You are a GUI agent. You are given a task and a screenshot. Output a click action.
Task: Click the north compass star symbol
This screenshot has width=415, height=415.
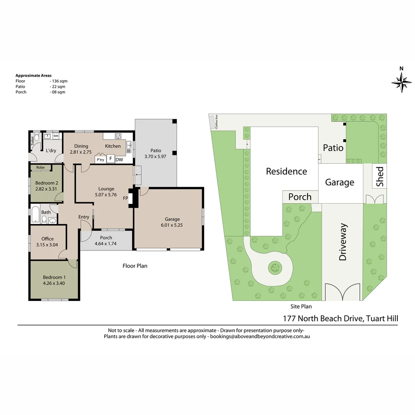pyautogui.click(x=402, y=83)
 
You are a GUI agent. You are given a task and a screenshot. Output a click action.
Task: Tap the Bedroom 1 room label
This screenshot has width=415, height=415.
pyautogui.click(x=54, y=277)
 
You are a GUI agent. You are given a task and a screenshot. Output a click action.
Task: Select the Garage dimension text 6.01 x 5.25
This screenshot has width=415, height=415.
pyautogui.click(x=172, y=225)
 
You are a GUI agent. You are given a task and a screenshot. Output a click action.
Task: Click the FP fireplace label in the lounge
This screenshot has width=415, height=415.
pyautogui.click(x=125, y=198)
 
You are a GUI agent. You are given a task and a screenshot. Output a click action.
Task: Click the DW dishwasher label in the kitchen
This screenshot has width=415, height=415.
pyautogui.click(x=119, y=159)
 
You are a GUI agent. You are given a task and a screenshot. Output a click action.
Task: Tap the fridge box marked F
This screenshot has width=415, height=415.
pyautogui.click(x=111, y=159)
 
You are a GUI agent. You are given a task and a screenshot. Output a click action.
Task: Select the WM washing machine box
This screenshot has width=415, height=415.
pyautogui.click(x=56, y=136)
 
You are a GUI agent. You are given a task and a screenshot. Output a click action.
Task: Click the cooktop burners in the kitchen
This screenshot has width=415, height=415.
pyautogui.click(x=118, y=136)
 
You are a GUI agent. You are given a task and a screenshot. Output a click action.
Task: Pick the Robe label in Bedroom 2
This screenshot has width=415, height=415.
pyautogui.click(x=40, y=167)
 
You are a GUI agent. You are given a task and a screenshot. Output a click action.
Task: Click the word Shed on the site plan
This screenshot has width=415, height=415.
pyautogui.click(x=380, y=176)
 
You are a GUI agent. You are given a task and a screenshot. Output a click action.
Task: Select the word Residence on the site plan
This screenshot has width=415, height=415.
pyautogui.click(x=286, y=171)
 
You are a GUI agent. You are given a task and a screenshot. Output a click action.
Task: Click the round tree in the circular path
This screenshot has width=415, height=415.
pyautogui.click(x=275, y=268)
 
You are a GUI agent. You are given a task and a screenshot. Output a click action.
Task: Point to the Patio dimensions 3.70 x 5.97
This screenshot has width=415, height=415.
pyautogui.click(x=155, y=156)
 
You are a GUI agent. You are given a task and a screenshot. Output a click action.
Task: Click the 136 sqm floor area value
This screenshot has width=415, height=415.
pyautogui.click(x=60, y=81)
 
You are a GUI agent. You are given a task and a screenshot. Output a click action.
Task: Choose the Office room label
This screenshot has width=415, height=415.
pyautogui.click(x=48, y=239)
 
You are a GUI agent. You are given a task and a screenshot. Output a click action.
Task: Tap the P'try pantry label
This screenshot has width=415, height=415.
pyautogui.click(x=101, y=159)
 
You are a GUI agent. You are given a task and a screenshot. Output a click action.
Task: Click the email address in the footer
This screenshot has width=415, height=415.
pyautogui.click(x=260, y=336)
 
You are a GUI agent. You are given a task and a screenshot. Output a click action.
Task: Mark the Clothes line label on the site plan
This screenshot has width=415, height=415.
pyautogui.click(x=216, y=122)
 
